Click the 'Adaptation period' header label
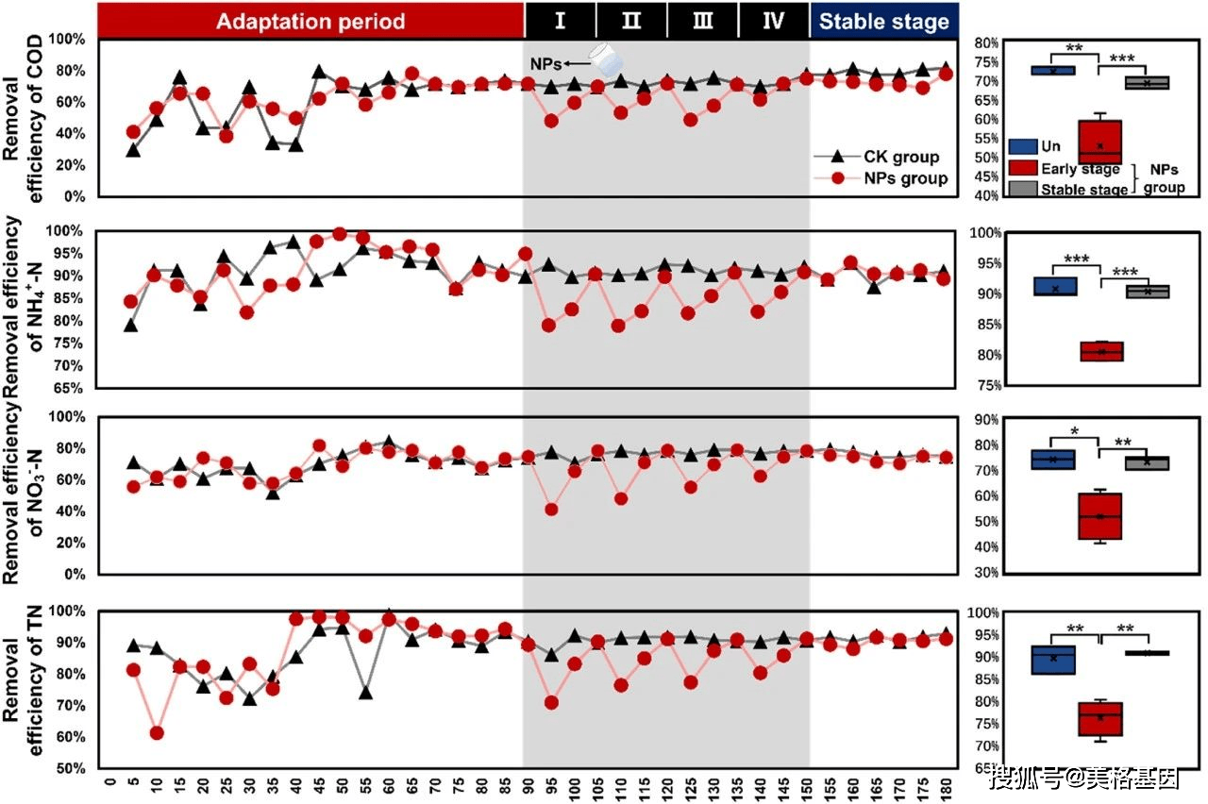[310, 21]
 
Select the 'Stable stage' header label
[884, 21]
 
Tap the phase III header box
[703, 20]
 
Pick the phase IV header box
[774, 20]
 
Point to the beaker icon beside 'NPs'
[606, 60]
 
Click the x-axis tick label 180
[946, 789]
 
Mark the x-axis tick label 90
[528, 789]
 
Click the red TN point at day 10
[157, 733]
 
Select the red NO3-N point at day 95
[551, 510]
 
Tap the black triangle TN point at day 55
[365, 692]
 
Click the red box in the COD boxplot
[1100, 142]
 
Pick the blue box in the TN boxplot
[1053, 660]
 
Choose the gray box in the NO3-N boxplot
[1147, 463]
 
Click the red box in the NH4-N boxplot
[1101, 351]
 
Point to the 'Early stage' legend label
[1081, 169]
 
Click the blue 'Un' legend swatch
[1023, 146]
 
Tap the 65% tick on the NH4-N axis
[69, 388]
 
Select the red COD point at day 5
[133, 132]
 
